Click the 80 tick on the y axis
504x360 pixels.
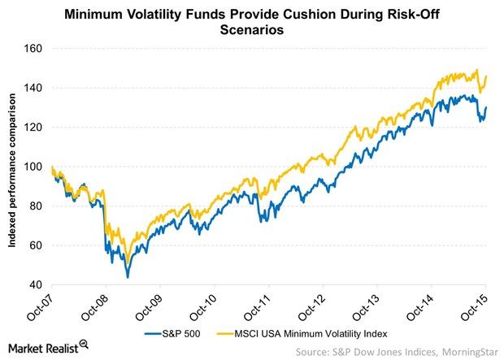point(35,206)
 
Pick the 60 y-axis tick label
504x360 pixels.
point(35,245)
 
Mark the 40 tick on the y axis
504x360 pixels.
point(35,284)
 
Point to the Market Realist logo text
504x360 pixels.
point(50,347)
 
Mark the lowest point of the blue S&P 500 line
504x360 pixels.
point(127,278)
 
